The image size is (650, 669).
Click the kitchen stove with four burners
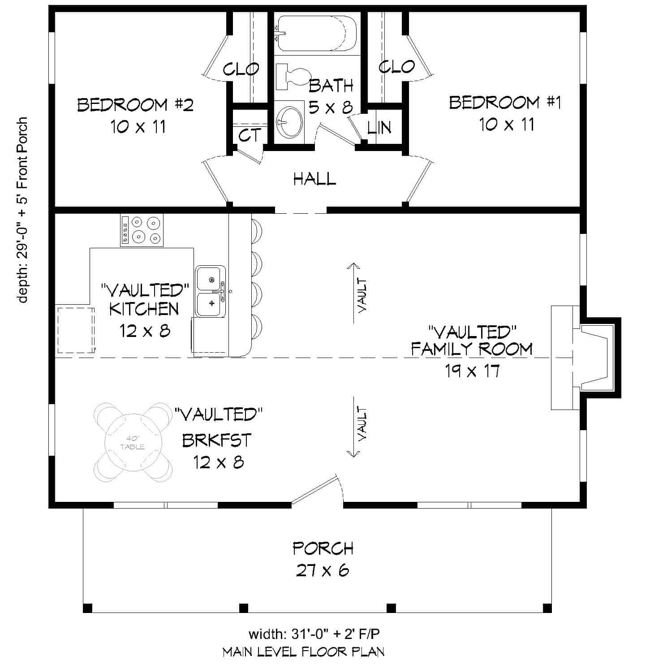point(142,229)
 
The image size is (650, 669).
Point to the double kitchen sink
point(210,292)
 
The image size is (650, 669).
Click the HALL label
point(314,179)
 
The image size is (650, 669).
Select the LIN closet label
point(379,128)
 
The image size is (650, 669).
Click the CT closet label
point(249,135)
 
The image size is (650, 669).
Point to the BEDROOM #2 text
point(135,105)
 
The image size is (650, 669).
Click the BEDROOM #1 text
point(505,103)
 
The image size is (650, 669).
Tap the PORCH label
point(323,548)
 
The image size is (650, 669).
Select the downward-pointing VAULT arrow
point(354,426)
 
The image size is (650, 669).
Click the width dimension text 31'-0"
point(314,634)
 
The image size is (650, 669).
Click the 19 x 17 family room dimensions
point(472,371)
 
